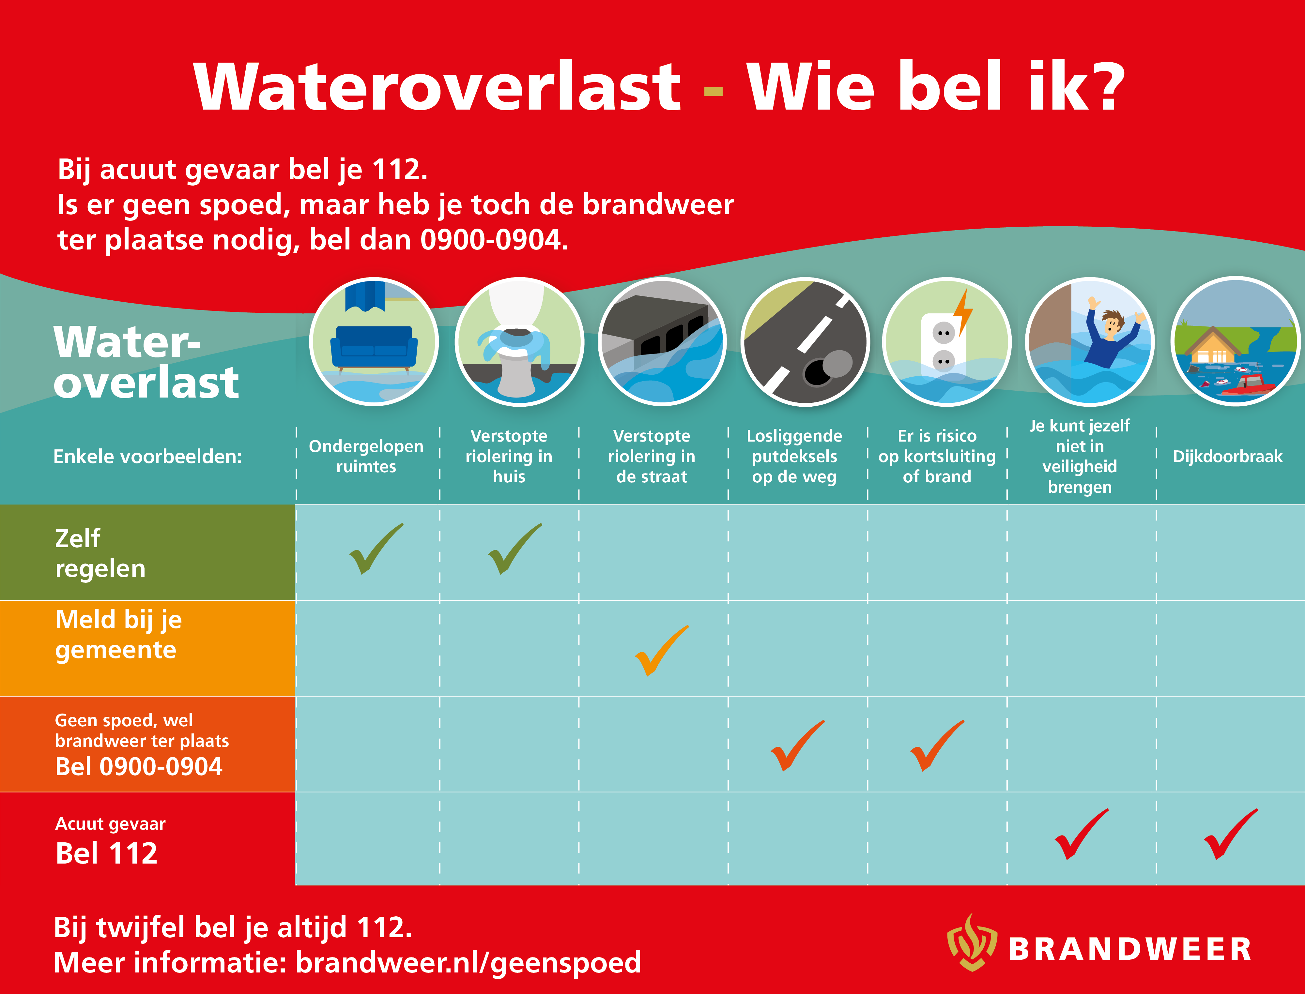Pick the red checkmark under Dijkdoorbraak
pyautogui.click(x=1231, y=834)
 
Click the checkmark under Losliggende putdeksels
pyautogui.click(x=798, y=745)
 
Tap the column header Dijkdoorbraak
pyautogui.click(x=1227, y=456)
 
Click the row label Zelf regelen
pyautogui.click(x=100, y=553)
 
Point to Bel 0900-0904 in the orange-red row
pyautogui.click(x=138, y=767)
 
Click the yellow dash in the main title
pyautogui.click(x=713, y=91)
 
